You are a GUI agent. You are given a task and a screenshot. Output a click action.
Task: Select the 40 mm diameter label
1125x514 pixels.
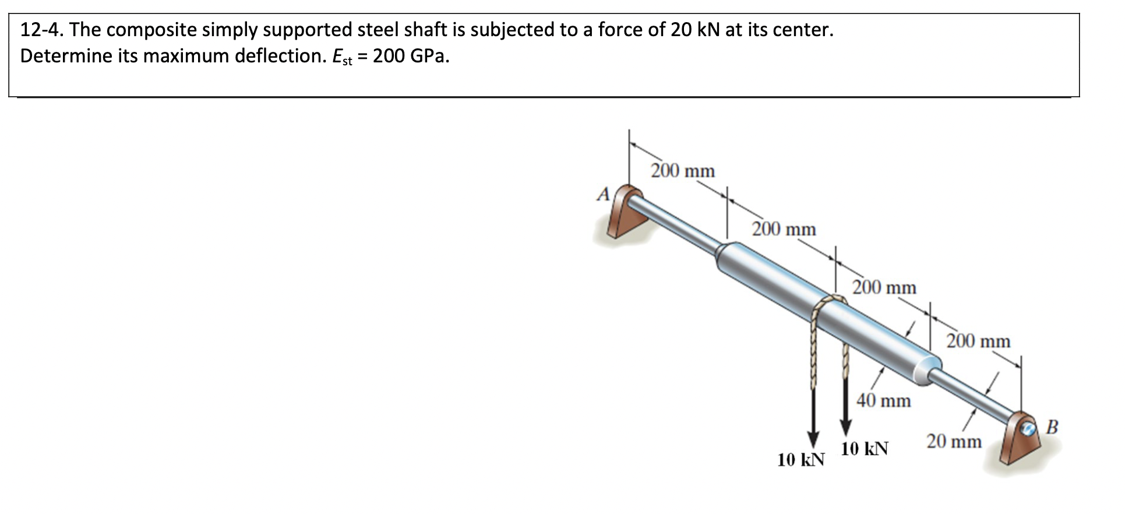(883, 400)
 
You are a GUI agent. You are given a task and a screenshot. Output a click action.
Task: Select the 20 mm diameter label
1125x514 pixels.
(954, 442)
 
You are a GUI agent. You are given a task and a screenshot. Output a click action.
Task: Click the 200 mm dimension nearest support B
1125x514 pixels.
(978, 341)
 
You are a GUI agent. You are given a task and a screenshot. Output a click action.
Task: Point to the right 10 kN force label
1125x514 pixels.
(865, 449)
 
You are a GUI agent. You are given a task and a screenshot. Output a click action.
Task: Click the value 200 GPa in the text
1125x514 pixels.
(411, 56)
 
